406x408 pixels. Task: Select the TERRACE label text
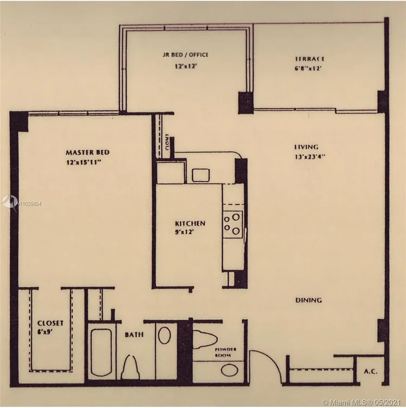click(x=309, y=58)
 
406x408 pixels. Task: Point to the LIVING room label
click(x=306, y=147)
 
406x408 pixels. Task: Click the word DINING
click(x=309, y=300)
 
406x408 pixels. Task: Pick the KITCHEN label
click(x=189, y=223)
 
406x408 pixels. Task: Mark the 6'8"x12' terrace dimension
click(x=309, y=69)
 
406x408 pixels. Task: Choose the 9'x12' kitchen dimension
click(x=184, y=232)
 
